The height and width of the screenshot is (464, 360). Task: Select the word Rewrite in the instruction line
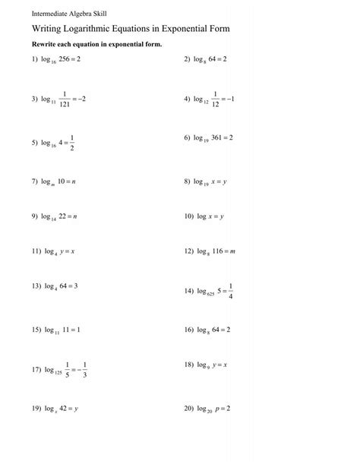tap(45, 45)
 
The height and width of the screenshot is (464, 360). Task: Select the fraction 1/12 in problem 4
tap(218, 99)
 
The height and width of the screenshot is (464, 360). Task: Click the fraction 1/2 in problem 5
tap(72, 142)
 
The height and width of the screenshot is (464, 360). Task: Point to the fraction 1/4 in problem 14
tap(230, 291)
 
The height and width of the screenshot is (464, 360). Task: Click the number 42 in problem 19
tap(65, 407)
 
